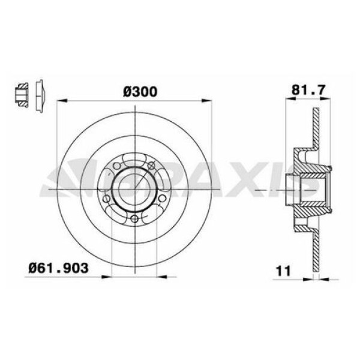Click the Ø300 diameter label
pos(139,91)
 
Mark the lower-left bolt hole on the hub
pos(106,199)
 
